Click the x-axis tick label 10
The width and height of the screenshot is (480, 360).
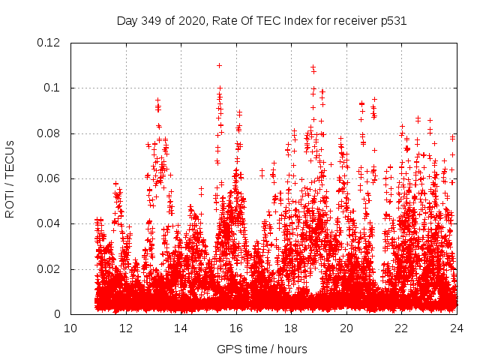[x=70, y=328]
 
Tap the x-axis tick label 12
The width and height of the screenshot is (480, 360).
[x=125, y=328]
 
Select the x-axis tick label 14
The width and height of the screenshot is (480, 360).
[x=181, y=328]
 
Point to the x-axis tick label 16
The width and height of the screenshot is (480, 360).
[x=236, y=328]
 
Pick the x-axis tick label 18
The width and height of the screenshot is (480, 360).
[x=291, y=328]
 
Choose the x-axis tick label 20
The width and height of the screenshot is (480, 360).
[x=346, y=328]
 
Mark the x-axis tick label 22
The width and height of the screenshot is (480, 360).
[x=401, y=328]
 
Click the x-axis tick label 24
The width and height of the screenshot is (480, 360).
[x=457, y=328]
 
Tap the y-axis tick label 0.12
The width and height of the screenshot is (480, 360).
[x=49, y=43]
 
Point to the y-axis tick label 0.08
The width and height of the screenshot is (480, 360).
[x=49, y=133]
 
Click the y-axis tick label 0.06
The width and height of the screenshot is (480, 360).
[x=49, y=178]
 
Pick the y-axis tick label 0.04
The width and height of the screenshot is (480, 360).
[x=49, y=223]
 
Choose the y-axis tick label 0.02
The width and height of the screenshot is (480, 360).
[x=49, y=269]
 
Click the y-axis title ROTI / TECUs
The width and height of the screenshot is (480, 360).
[x=10, y=178]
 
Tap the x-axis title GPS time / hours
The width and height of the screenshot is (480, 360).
[x=262, y=349]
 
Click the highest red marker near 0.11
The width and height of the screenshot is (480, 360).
[x=219, y=65]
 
